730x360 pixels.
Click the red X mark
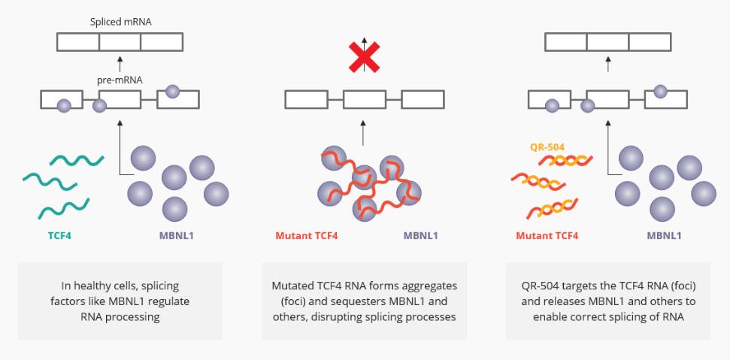364,57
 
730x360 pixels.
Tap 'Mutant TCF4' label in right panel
547,236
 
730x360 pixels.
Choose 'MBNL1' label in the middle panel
420,236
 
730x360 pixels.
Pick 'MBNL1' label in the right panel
664,236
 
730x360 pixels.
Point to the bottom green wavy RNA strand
63,206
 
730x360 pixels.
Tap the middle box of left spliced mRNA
120,42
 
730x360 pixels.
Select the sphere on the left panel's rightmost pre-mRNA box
172,92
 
